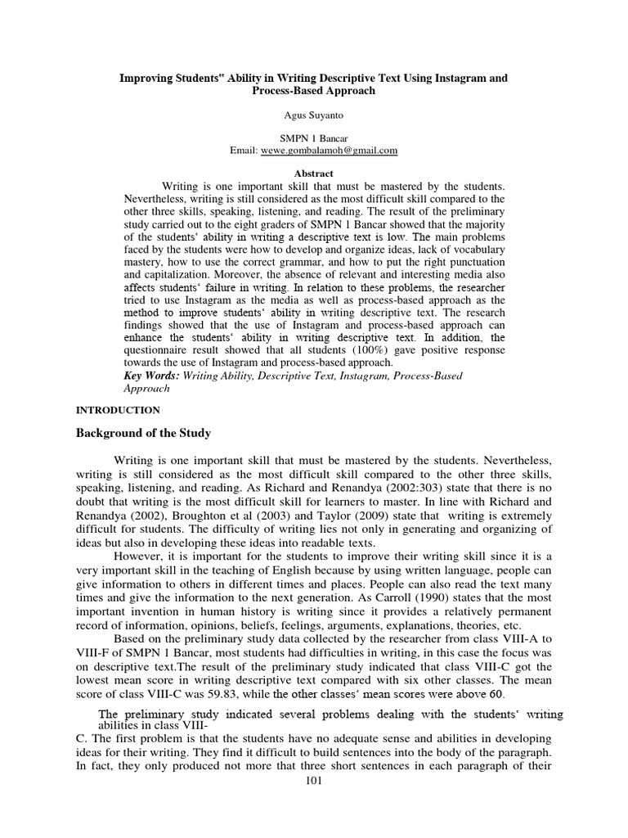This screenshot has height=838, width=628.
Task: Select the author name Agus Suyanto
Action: pyautogui.click(x=314, y=116)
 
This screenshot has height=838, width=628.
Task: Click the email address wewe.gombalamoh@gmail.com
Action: pyautogui.click(x=328, y=151)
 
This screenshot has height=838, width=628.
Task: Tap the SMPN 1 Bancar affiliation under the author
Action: pyautogui.click(x=314, y=139)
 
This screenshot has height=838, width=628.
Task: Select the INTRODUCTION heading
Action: pyautogui.click(x=118, y=410)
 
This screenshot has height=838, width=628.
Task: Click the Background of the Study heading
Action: pyautogui.click(x=141, y=433)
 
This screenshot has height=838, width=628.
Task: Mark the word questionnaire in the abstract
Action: pyautogui.click(x=162, y=349)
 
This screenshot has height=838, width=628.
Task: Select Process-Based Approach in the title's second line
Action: pyautogui.click(x=314, y=91)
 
